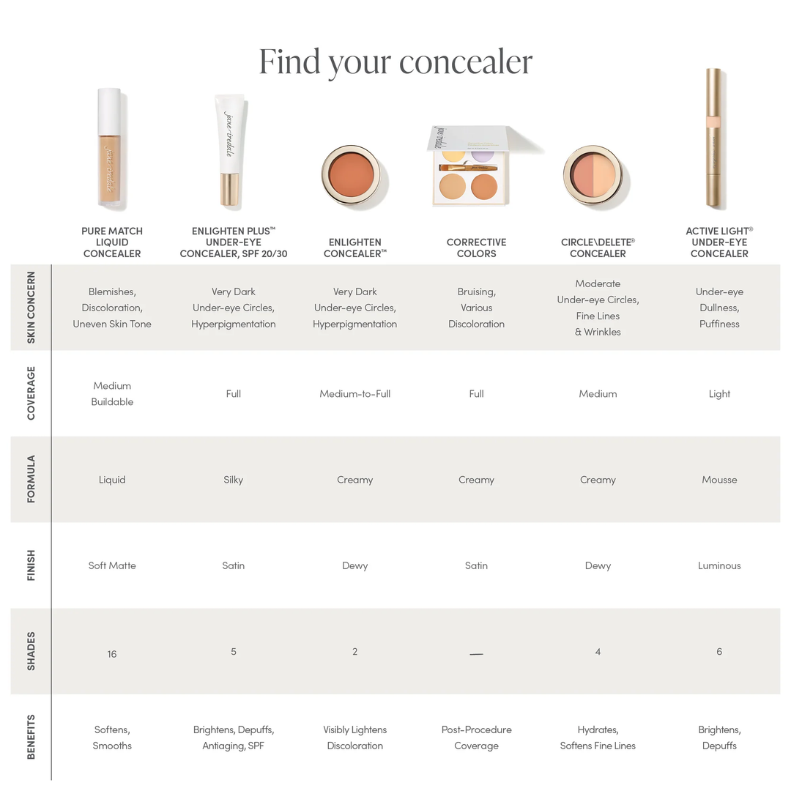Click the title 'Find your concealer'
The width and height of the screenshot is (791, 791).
click(395, 62)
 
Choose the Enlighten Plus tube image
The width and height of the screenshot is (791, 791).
click(230, 149)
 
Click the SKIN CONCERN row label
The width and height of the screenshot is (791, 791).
click(31, 308)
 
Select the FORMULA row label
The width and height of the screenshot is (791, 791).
click(31, 479)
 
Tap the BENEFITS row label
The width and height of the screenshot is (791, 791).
click(31, 737)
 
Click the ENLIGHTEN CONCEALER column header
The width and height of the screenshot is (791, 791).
click(354, 248)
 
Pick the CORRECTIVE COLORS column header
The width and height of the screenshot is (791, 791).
click(476, 248)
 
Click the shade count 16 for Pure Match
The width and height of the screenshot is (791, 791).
click(112, 654)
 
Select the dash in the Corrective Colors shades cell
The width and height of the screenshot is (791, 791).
click(476, 653)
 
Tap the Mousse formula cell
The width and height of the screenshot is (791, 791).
click(719, 480)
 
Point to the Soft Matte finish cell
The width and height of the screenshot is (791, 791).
click(112, 565)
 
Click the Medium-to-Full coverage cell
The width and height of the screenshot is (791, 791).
click(354, 394)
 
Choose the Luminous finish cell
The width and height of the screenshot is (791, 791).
click(719, 565)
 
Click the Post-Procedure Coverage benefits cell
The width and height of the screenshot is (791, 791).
click(476, 738)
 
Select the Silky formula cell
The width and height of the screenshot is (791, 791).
click(233, 480)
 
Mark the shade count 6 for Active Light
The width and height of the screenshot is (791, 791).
click(719, 652)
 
